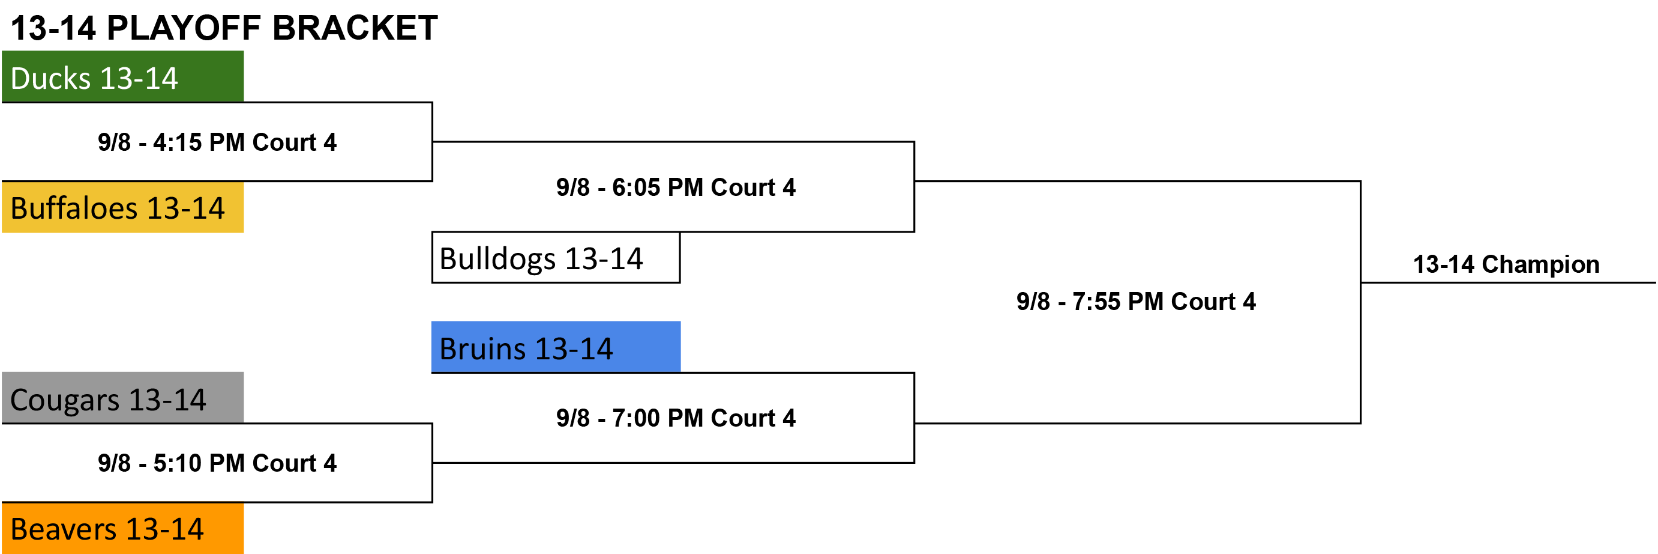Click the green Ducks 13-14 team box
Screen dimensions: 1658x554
tap(122, 77)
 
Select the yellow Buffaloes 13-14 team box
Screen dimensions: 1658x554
tap(122, 207)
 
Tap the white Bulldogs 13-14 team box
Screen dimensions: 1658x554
tap(556, 258)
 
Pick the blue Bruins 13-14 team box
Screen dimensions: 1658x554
tap(556, 347)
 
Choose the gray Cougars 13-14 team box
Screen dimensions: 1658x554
tap(122, 397)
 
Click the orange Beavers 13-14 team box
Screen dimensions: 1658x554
tap(122, 528)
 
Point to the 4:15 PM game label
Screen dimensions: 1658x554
tap(217, 142)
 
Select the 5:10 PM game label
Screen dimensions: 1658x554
tap(217, 463)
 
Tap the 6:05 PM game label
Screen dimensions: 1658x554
tap(676, 187)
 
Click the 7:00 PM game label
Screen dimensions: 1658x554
tap(676, 418)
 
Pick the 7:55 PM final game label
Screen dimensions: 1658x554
tap(1136, 301)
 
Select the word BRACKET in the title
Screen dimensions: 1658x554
tap(355, 28)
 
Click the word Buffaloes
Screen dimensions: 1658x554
tap(74, 208)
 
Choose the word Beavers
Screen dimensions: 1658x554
tap(64, 529)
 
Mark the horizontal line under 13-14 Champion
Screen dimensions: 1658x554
tap(1508, 282)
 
